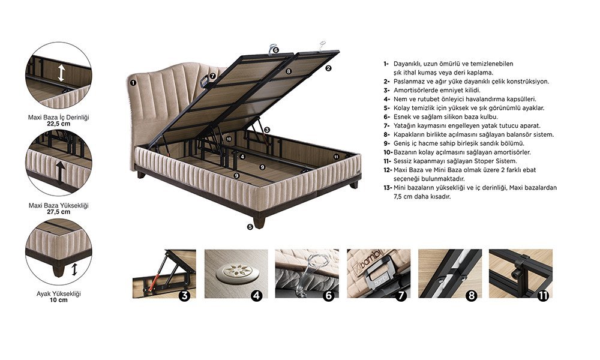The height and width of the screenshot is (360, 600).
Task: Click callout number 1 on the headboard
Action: (133, 83)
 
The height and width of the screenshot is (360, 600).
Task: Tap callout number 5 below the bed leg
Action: (250, 227)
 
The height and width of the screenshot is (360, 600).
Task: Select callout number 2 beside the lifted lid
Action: (328, 68)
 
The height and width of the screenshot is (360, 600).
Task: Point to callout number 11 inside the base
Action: (336, 157)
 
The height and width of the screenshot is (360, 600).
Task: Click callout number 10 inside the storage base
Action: (229, 139)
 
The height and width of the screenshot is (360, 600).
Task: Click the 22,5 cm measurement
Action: (59, 124)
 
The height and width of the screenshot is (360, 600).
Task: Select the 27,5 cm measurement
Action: (59, 212)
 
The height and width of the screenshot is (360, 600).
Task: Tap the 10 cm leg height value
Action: (59, 301)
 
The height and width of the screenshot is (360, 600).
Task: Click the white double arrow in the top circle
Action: (61, 73)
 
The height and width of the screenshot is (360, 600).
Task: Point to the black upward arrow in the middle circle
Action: (60, 173)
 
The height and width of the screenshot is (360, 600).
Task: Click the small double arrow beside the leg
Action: (74, 269)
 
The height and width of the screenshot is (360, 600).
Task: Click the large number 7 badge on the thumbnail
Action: (400, 295)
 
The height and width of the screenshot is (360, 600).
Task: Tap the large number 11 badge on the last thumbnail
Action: (542, 295)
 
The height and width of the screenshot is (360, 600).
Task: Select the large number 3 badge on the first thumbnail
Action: (184, 295)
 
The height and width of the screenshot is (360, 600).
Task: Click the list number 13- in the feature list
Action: (388, 188)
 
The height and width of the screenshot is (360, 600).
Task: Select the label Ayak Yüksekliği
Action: (59, 294)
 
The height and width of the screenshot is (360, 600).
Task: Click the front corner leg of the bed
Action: (259, 222)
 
